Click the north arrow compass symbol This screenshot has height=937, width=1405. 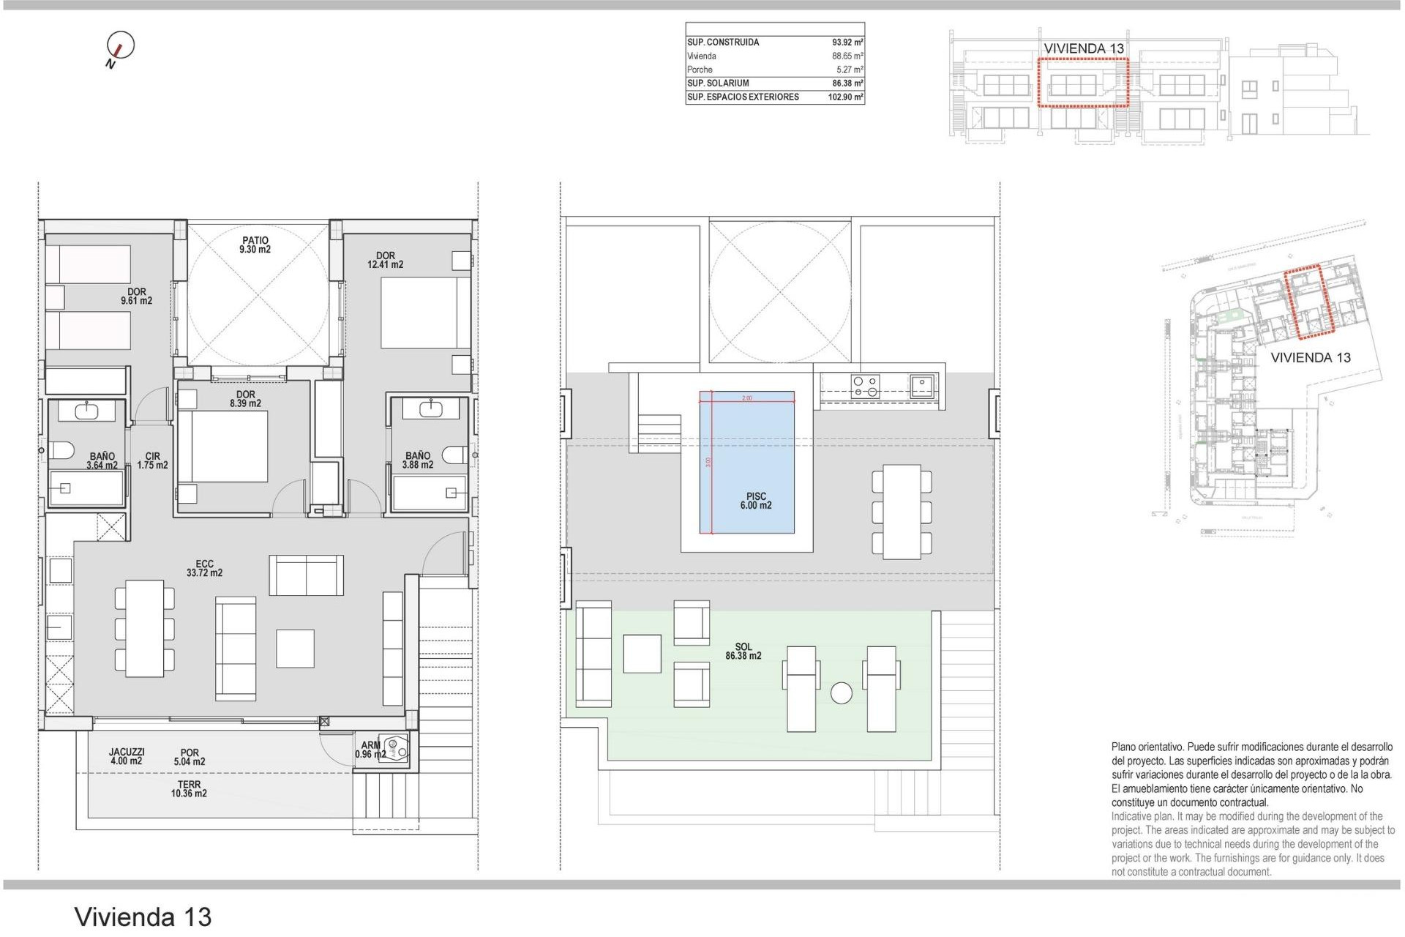point(119,47)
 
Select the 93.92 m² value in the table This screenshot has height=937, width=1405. point(847,42)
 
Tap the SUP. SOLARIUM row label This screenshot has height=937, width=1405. point(718,83)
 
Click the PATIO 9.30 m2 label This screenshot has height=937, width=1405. point(255,245)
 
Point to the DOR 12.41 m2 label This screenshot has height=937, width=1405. point(385,261)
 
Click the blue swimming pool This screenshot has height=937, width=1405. point(746,461)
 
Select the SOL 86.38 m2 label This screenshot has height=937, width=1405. point(743,652)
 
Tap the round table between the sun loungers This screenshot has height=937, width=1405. point(841,693)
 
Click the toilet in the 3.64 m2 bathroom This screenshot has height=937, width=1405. point(60,451)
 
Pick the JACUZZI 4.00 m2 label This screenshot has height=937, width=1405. point(127,756)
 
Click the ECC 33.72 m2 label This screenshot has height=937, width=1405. point(204,569)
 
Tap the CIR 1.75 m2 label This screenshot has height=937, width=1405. point(152,460)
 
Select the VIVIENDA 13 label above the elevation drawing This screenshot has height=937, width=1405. point(1083,48)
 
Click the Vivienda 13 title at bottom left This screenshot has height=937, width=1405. point(143,917)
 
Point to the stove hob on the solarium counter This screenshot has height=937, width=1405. point(865,386)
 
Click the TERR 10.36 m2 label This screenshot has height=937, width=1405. point(189,789)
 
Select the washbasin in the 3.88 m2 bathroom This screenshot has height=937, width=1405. point(430,408)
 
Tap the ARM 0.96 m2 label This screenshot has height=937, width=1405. point(371,750)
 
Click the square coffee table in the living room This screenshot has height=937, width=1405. point(295,649)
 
